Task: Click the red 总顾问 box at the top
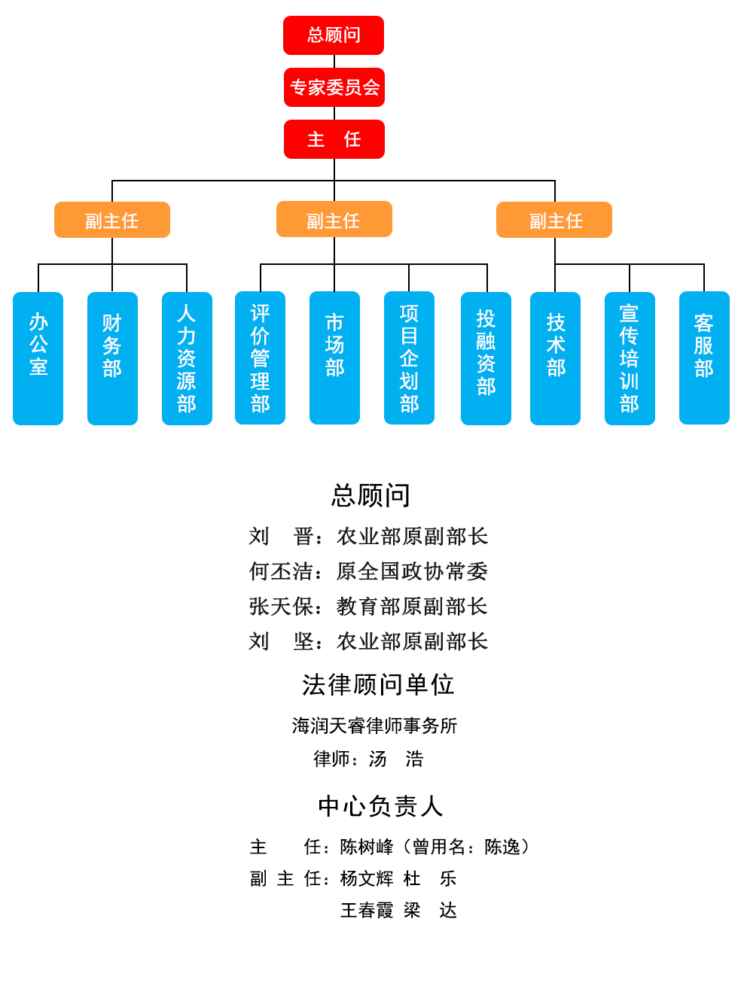pyautogui.click(x=334, y=35)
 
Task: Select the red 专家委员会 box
pyautogui.click(x=334, y=87)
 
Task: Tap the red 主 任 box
pyautogui.click(x=334, y=139)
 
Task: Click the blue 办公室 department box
pyautogui.click(x=38, y=358)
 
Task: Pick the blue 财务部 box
pyautogui.click(x=112, y=358)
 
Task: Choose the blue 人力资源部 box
pyautogui.click(x=187, y=358)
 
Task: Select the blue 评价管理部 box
pyautogui.click(x=260, y=358)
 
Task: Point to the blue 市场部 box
pyautogui.click(x=334, y=358)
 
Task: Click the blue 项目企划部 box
pyautogui.click(x=409, y=358)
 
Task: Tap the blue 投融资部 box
pyautogui.click(x=486, y=358)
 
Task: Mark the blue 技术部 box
pyautogui.click(x=556, y=358)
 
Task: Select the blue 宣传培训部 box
pyautogui.click(x=630, y=358)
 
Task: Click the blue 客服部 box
pyautogui.click(x=704, y=358)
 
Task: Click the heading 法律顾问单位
pyautogui.click(x=378, y=684)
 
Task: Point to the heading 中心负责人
pyautogui.click(x=380, y=806)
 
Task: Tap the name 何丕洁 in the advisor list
pyautogui.click(x=280, y=571)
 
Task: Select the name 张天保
pyautogui.click(x=280, y=606)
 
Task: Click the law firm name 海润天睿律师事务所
pyautogui.click(x=374, y=726)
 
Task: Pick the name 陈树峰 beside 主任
pyautogui.click(x=366, y=847)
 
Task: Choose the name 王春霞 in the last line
pyautogui.click(x=366, y=911)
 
